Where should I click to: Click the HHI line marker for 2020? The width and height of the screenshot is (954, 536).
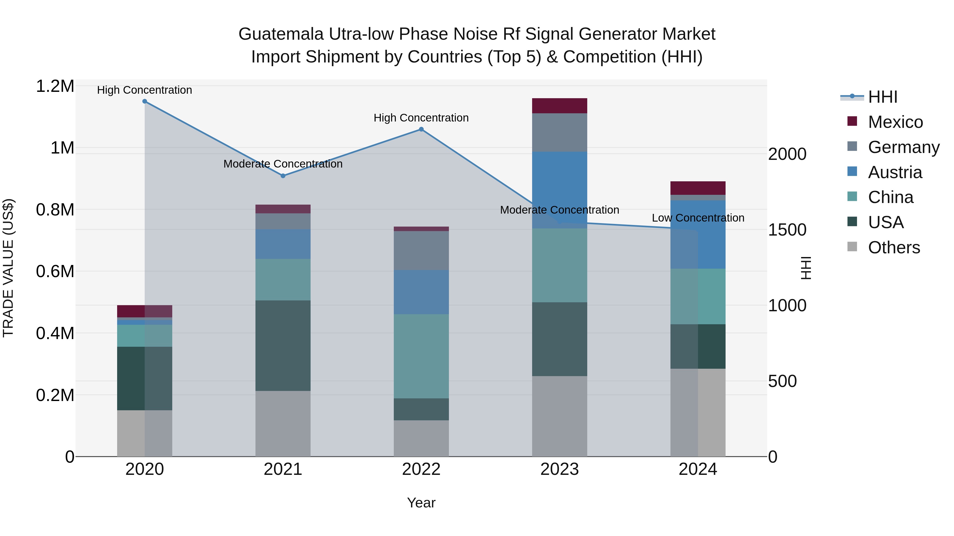[x=145, y=101]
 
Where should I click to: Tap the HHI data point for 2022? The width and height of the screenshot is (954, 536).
[x=421, y=129]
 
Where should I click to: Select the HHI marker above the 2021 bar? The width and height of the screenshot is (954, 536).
[x=283, y=176]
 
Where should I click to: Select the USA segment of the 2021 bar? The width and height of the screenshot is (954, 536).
[x=283, y=345]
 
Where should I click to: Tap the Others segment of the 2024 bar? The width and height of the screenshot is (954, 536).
[x=698, y=412]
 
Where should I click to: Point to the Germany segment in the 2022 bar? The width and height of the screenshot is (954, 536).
[x=421, y=250]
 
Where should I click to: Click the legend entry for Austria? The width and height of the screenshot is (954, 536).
[x=894, y=172]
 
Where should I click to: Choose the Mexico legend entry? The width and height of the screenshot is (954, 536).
[x=895, y=122]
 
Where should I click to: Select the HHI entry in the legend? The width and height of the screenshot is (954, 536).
[x=882, y=97]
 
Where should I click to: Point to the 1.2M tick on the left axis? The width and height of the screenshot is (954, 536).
[x=55, y=86]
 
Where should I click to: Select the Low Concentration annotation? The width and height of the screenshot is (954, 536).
[x=698, y=218]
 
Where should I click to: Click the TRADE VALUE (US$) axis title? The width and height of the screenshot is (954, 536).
[x=8, y=268]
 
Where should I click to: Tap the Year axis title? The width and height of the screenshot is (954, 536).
[x=421, y=503]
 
